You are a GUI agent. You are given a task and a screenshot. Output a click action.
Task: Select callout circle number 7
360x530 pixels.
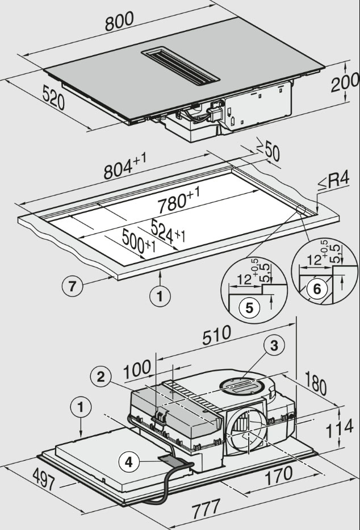tap(73, 286)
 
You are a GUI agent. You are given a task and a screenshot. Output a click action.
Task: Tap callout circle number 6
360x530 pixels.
tap(317, 289)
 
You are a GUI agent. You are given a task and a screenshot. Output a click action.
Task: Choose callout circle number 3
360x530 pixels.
tap(274, 345)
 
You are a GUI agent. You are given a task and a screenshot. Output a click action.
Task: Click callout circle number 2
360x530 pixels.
tap(100, 375)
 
